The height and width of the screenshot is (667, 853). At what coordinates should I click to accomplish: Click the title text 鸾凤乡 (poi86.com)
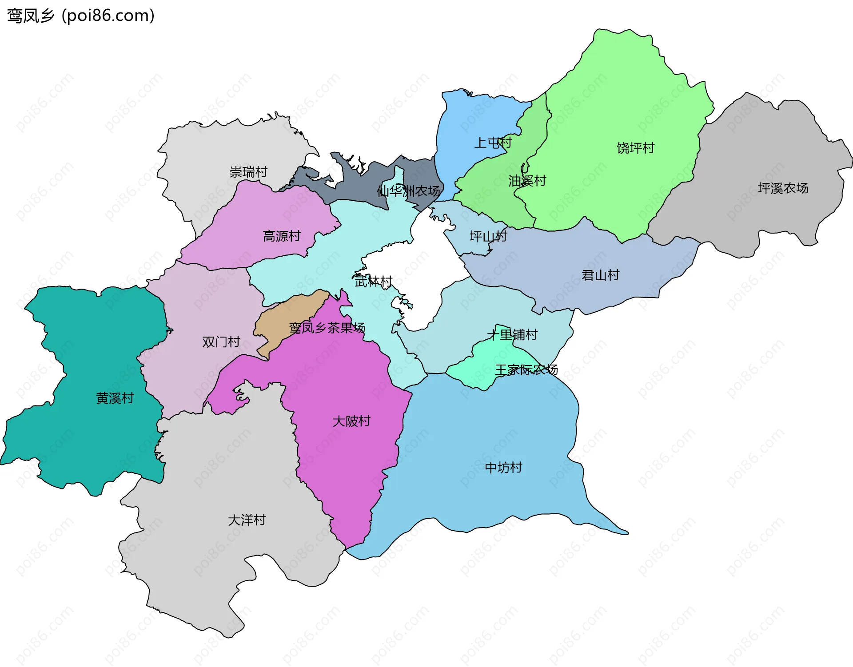pyautogui.click(x=80, y=16)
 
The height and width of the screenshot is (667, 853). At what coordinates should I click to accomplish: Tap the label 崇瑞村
pyautogui.click(x=248, y=172)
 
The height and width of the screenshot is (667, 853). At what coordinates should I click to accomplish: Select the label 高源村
pyautogui.click(x=282, y=236)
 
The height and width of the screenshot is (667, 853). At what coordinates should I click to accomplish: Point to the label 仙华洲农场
pyautogui.click(x=408, y=191)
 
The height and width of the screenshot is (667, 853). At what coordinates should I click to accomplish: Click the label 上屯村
pyautogui.click(x=493, y=143)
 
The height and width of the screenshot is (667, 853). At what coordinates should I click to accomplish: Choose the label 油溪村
pyautogui.click(x=527, y=181)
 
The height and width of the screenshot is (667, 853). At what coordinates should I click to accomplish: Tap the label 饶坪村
pyautogui.click(x=635, y=148)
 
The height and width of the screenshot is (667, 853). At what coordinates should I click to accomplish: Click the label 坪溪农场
pyautogui.click(x=783, y=188)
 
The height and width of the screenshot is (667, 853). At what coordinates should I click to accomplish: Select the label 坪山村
pyautogui.click(x=488, y=236)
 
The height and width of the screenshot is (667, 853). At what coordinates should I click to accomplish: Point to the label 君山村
pyautogui.click(x=600, y=275)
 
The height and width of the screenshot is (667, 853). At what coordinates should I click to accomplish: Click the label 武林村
pyautogui.click(x=373, y=281)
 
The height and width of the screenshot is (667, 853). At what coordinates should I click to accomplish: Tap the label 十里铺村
pyautogui.click(x=512, y=334)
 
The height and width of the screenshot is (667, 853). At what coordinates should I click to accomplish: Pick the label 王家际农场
pyautogui.click(x=526, y=369)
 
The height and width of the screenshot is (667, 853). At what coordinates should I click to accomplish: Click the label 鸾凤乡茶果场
pyautogui.click(x=327, y=328)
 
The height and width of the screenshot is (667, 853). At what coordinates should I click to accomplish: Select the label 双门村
pyautogui.click(x=221, y=341)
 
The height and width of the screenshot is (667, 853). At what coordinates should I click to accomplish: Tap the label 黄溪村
pyautogui.click(x=115, y=398)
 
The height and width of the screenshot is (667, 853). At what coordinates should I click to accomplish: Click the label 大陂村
pyautogui.click(x=351, y=421)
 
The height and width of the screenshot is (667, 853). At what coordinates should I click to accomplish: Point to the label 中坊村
pyautogui.click(x=503, y=467)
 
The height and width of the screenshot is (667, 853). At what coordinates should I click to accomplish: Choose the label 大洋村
pyautogui.click(x=247, y=520)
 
